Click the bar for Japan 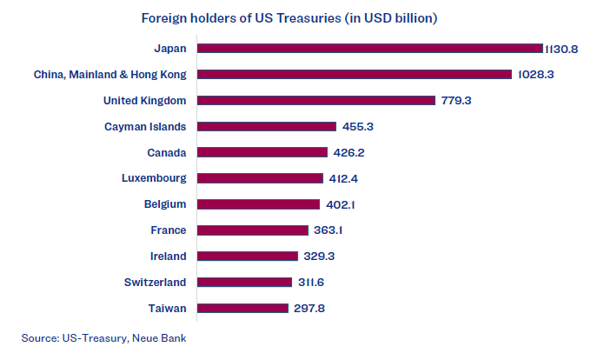(x=369, y=48)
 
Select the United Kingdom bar (x=315, y=100)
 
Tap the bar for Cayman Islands (x=266, y=126)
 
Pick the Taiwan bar (x=242, y=308)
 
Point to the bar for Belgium (x=258, y=204)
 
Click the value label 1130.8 (x=561, y=49)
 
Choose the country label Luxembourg (x=154, y=178)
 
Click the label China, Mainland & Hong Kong (x=110, y=75)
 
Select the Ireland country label (x=168, y=256)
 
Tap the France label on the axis (x=168, y=230)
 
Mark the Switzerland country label (x=155, y=282)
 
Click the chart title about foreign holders (x=289, y=17)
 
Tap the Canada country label (x=167, y=153)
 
